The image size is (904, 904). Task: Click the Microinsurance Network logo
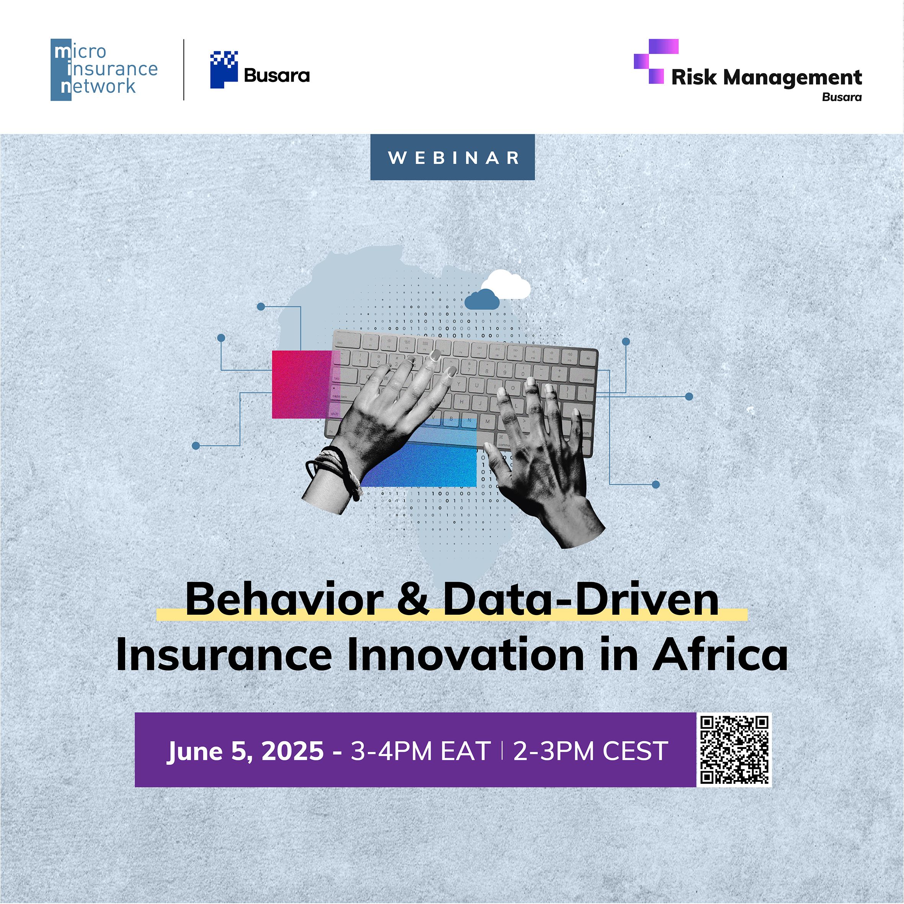click(x=104, y=70)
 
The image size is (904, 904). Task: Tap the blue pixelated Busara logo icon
click(x=224, y=70)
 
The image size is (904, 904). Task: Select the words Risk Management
click(x=767, y=77)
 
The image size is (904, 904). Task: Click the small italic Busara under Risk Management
click(x=842, y=97)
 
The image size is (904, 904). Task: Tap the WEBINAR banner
click(x=452, y=157)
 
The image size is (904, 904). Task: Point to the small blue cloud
click(x=481, y=299)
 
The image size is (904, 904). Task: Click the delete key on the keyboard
click(x=586, y=380)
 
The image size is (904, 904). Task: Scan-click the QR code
click(x=734, y=750)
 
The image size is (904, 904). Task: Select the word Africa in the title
click(x=721, y=654)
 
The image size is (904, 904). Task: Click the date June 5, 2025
click(x=246, y=751)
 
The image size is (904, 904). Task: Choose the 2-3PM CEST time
click(x=591, y=751)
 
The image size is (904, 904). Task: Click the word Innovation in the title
click(x=465, y=654)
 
